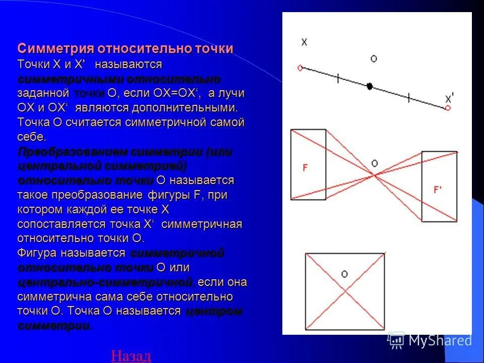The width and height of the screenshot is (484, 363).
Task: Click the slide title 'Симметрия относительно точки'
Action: (x=125, y=49)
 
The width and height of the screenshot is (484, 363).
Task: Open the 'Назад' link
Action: (x=131, y=356)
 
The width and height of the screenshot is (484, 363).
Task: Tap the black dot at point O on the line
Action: (x=370, y=86)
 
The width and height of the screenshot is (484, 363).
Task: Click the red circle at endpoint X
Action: (x=300, y=68)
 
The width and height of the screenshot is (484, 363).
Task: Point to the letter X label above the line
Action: (x=304, y=42)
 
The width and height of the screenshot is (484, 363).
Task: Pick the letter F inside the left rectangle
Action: (x=305, y=168)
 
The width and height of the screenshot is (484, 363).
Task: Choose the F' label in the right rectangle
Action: (x=438, y=190)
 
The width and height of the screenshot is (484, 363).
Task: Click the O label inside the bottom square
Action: (x=344, y=274)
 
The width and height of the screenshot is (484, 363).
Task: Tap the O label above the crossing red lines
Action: (x=374, y=163)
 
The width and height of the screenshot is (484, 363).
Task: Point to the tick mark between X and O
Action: (x=337, y=78)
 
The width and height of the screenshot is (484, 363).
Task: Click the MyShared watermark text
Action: (x=440, y=340)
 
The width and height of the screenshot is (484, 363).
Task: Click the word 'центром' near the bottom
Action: (x=214, y=311)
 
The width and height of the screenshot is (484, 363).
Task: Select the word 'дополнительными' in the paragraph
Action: (x=184, y=108)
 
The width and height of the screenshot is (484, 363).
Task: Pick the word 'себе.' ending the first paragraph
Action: (x=32, y=137)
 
